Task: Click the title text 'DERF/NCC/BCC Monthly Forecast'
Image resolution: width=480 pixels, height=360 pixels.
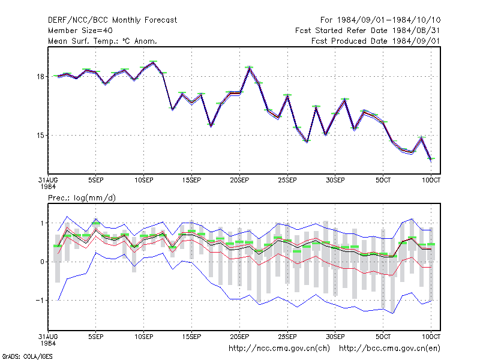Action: point(112,20)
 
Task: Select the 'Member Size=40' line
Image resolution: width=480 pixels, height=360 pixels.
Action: point(80,31)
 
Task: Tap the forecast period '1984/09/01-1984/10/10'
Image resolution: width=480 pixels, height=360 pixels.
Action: point(389,20)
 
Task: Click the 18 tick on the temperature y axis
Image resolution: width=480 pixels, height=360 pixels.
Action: point(40,77)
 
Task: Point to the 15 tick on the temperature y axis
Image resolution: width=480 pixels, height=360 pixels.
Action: point(40,136)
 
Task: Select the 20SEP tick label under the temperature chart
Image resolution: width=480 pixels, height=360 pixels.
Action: point(239,180)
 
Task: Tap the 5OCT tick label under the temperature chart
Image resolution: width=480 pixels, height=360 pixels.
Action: point(383,180)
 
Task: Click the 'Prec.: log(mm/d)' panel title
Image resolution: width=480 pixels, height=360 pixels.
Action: point(82,198)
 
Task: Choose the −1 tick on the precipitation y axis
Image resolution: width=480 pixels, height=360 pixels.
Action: point(40,301)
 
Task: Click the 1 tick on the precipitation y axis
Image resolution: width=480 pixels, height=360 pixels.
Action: point(42,223)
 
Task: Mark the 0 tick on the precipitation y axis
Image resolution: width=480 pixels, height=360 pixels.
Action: point(42,262)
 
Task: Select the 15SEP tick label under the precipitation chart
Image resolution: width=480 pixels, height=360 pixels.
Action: point(191,337)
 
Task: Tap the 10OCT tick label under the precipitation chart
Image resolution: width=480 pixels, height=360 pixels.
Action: point(431,337)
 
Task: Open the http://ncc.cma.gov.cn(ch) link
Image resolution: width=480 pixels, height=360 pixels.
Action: point(279,349)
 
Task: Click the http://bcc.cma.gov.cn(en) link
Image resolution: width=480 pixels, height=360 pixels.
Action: point(389,349)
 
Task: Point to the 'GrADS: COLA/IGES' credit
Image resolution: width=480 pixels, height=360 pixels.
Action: point(27,356)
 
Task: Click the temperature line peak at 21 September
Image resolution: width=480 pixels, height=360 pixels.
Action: point(250,67)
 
